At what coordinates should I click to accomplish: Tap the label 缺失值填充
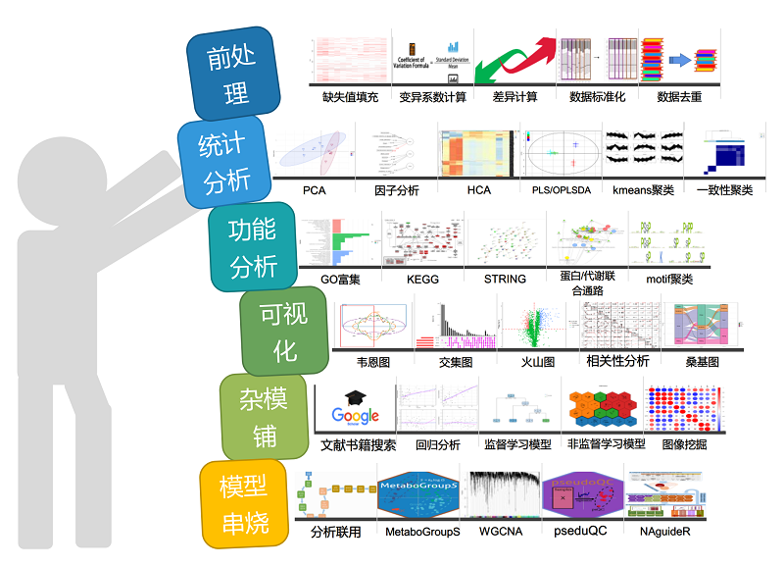[x=350, y=97]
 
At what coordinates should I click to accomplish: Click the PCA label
[x=314, y=190]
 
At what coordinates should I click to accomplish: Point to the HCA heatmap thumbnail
[x=478, y=153]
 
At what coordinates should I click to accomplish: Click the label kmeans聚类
[x=642, y=190]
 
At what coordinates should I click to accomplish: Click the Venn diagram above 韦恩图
[x=373, y=325]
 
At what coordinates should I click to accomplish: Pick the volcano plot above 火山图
[x=537, y=325]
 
